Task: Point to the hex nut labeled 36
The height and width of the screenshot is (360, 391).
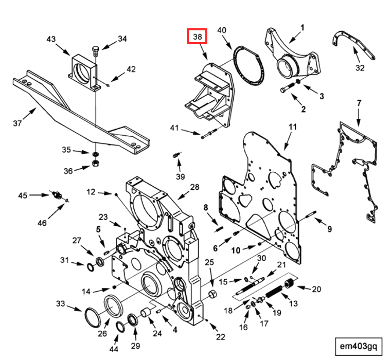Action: pyautogui.click(x=95, y=164)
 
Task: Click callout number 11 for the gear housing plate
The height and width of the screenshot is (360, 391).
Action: pyautogui.click(x=293, y=127)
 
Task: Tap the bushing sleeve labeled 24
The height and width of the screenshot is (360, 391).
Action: pyautogui.click(x=146, y=312)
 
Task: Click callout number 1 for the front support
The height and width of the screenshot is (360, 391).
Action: pyautogui.click(x=303, y=27)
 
